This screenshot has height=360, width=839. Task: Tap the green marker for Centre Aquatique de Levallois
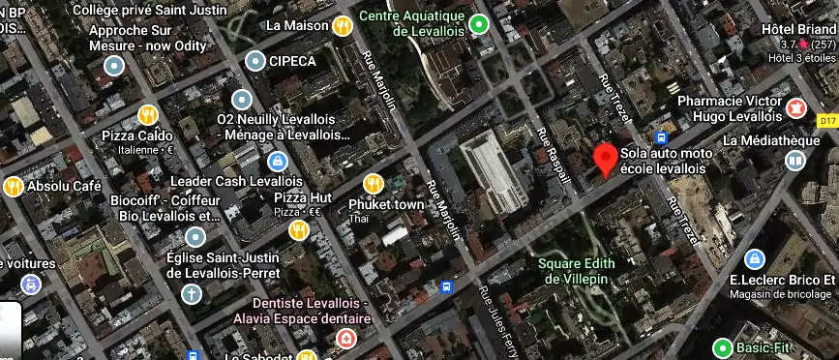[x=479, y=24]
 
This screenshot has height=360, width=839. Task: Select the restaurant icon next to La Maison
[x=342, y=26]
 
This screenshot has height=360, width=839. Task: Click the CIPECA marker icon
[x=255, y=62]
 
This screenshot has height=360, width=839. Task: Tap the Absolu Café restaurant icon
[x=13, y=186]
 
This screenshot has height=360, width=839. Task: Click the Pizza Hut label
[x=303, y=198]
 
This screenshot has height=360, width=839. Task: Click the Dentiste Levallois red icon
[x=345, y=339]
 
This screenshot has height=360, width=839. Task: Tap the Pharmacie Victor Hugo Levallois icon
[x=797, y=106]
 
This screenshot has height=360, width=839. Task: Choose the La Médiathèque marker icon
[x=794, y=161]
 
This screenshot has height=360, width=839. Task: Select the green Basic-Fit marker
[x=722, y=347]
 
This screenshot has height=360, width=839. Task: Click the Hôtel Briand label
[x=798, y=28]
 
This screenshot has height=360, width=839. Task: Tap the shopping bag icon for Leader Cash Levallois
[x=278, y=161]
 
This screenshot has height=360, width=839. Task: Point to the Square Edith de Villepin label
[x=580, y=271]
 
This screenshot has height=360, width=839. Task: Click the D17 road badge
[x=825, y=121]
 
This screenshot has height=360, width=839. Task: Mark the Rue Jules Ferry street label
[x=500, y=320]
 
